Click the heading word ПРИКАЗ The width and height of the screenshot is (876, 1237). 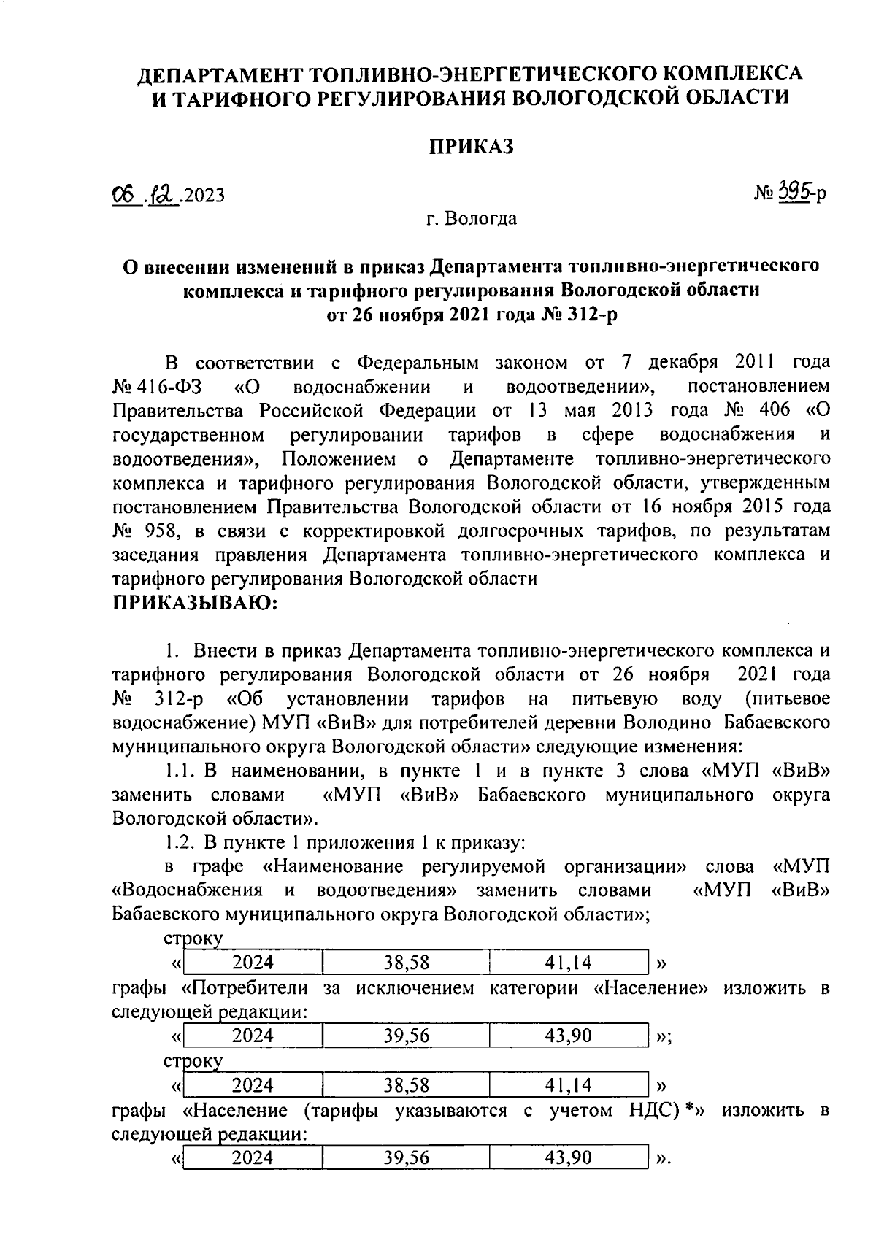point(471,147)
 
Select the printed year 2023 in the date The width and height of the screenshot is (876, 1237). point(204,195)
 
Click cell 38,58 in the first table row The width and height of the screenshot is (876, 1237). point(407,963)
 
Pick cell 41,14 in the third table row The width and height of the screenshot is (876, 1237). point(569,1085)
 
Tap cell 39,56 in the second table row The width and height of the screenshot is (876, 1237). point(407,1036)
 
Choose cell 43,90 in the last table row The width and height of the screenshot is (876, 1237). point(569,1157)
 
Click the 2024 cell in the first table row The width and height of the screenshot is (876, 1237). point(253,963)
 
